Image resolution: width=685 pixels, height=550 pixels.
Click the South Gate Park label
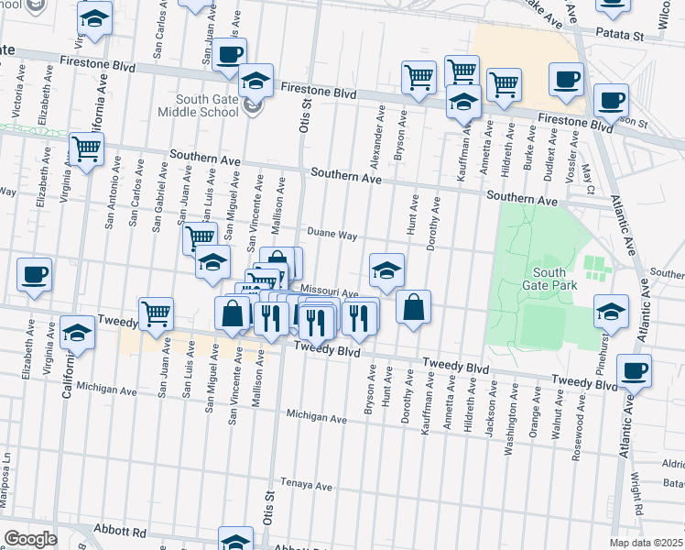point(549,280)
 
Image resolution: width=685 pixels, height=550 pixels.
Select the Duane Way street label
point(332,235)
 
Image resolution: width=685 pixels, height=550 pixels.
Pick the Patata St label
point(617,35)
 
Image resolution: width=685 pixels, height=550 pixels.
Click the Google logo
point(29,538)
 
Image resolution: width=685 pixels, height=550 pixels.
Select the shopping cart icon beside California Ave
point(86,148)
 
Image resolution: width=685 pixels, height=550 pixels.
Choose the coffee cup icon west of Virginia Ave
point(34,274)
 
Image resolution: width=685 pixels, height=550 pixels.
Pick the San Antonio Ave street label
point(112,196)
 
